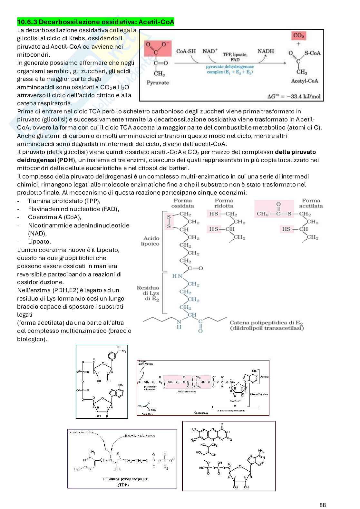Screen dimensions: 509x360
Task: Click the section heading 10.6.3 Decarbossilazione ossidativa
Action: coord(95,22)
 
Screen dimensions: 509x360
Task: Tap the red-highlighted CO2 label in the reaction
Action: coord(299,36)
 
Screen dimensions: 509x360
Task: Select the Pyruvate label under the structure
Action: coord(158,83)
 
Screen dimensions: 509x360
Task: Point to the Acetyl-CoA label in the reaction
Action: coord(304,81)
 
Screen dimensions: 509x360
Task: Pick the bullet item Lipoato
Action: coord(39,241)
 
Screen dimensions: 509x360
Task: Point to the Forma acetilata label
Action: coord(311,203)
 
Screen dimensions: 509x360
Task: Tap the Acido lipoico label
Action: coord(150,241)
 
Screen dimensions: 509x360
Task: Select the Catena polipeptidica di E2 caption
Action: coord(267,325)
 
